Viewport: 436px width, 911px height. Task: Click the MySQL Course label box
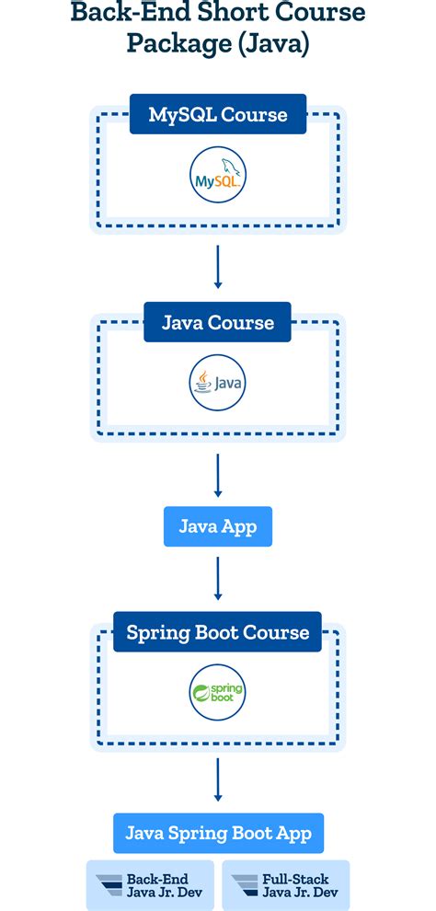pos(218,115)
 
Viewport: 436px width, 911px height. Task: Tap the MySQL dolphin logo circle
pos(218,177)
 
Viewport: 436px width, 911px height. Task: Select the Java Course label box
pos(218,322)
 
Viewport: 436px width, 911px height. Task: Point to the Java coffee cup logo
pos(218,383)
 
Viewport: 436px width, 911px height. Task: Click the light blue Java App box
pos(218,526)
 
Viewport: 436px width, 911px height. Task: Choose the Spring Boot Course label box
pos(218,632)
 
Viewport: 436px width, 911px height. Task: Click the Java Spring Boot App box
pos(218,834)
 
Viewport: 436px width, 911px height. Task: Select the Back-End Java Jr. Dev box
pos(150,885)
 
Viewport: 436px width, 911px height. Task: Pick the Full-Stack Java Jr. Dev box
pos(286,885)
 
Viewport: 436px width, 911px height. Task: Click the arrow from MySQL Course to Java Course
pos(218,266)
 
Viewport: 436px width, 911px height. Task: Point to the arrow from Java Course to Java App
pos(218,475)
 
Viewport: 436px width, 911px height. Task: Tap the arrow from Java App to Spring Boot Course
pos(218,578)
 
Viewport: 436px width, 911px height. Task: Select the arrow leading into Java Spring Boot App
pos(218,779)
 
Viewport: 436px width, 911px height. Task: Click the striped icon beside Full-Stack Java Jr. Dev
pos(244,885)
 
